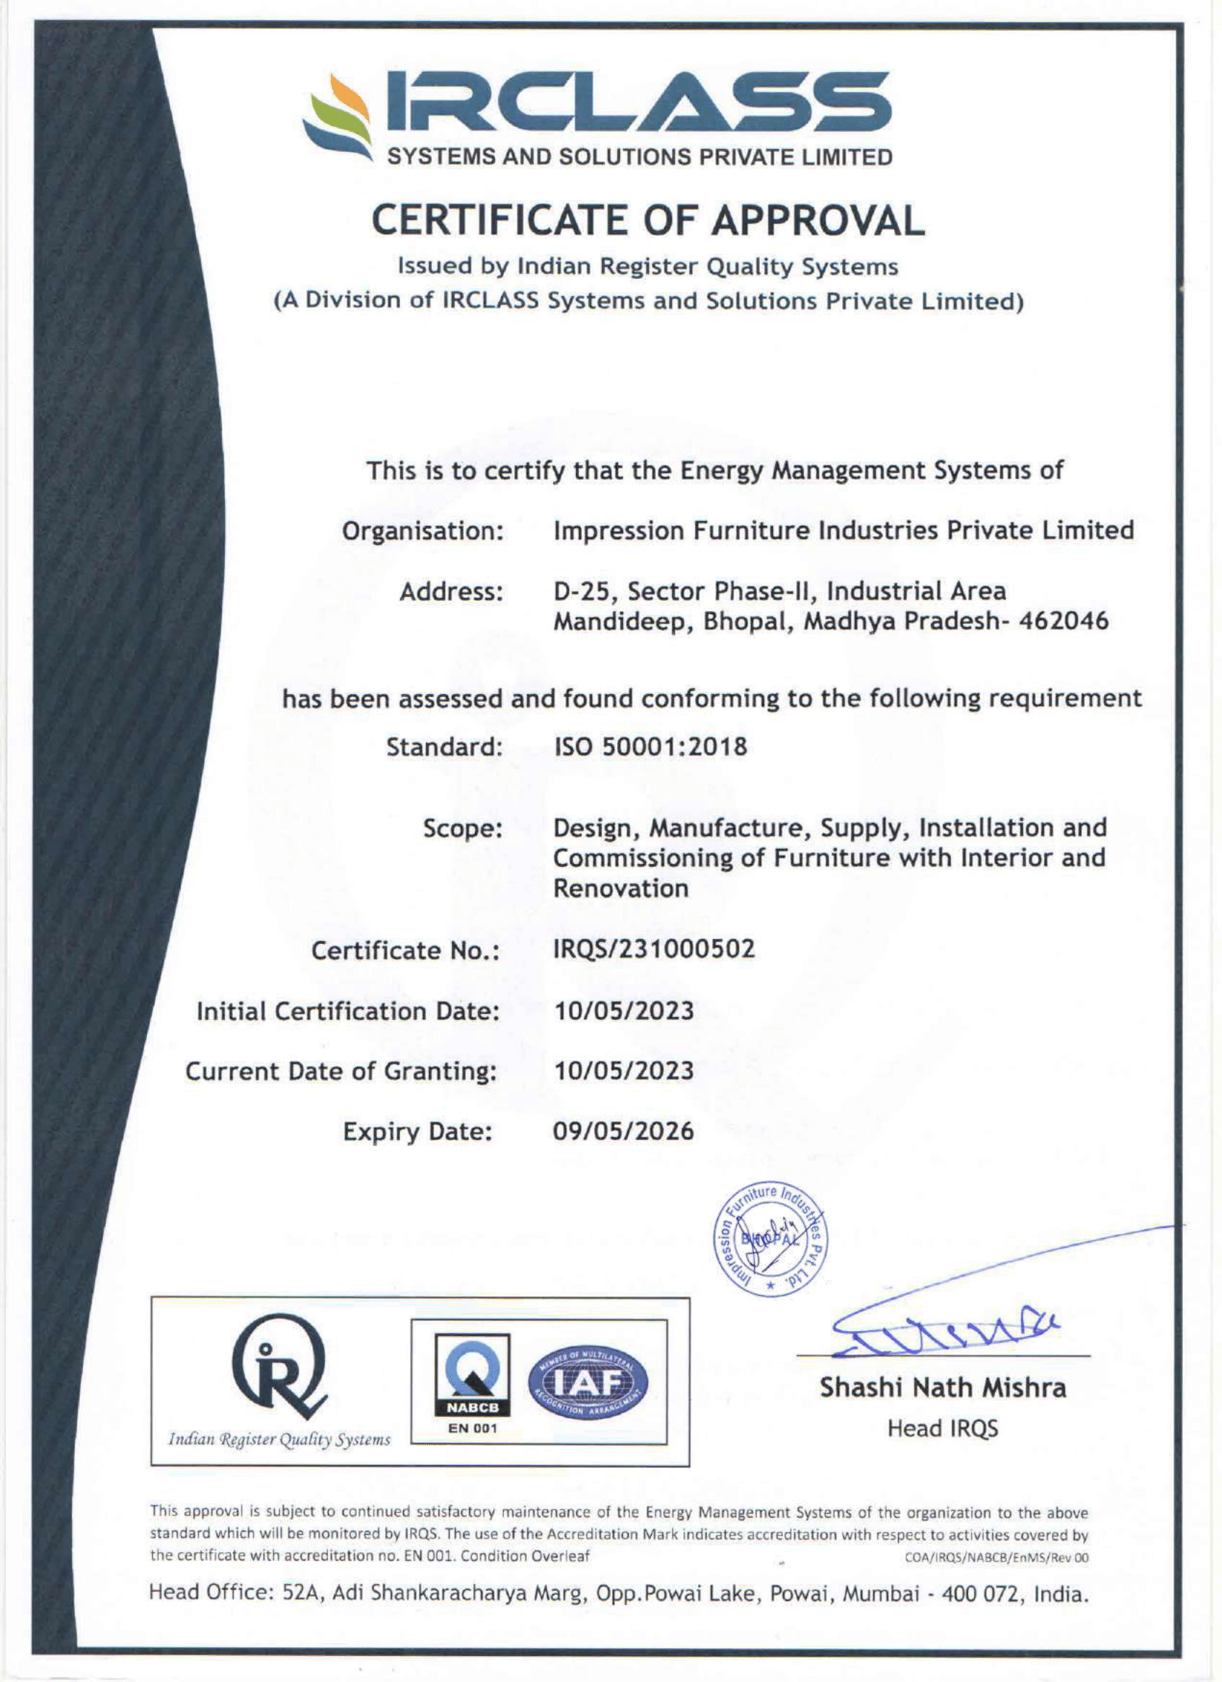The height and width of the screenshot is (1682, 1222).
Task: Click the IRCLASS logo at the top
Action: coord(597,117)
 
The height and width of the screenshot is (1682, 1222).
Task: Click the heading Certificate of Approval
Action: coord(648,221)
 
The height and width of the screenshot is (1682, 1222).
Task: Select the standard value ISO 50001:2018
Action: coord(651,747)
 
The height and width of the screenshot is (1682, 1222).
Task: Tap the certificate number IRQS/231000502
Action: coord(655,948)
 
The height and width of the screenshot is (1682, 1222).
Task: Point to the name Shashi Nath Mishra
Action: coord(942,1387)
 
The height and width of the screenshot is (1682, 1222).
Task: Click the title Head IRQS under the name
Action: coord(942,1428)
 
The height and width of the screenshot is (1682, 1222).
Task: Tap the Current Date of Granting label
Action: coord(340,1071)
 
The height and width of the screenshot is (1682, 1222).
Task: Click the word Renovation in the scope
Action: coord(621,888)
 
